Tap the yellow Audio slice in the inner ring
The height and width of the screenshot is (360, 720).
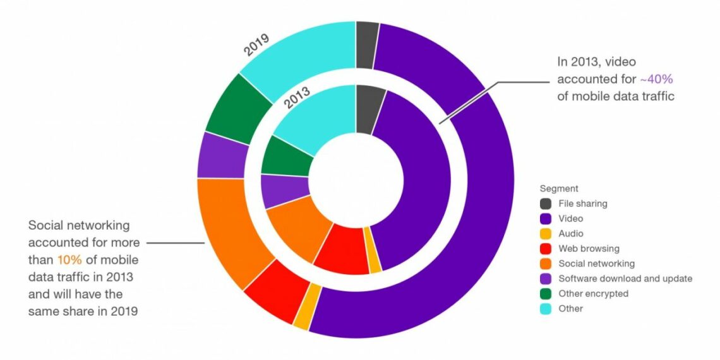[x=375, y=265]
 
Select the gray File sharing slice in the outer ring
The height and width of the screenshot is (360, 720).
[x=366, y=44]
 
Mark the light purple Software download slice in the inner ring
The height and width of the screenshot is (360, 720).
[x=283, y=191]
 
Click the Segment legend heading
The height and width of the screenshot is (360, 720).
[x=559, y=188]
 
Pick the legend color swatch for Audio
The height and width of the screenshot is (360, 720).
[x=546, y=234]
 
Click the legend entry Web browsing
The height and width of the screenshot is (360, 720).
[x=589, y=248]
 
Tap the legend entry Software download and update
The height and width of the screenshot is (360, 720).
[x=625, y=279]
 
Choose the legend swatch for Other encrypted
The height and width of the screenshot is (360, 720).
[x=546, y=294]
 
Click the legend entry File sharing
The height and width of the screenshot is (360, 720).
[x=582, y=203]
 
